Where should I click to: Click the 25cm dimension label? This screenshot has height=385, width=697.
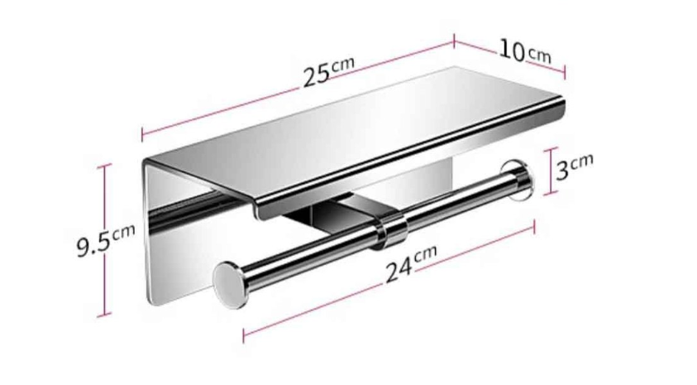(x=327, y=70)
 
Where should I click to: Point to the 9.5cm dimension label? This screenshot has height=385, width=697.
(x=105, y=241)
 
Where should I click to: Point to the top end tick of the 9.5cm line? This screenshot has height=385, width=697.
(x=105, y=166)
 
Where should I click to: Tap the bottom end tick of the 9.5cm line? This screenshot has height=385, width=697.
(x=105, y=315)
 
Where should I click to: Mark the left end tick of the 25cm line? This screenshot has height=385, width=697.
(x=142, y=135)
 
